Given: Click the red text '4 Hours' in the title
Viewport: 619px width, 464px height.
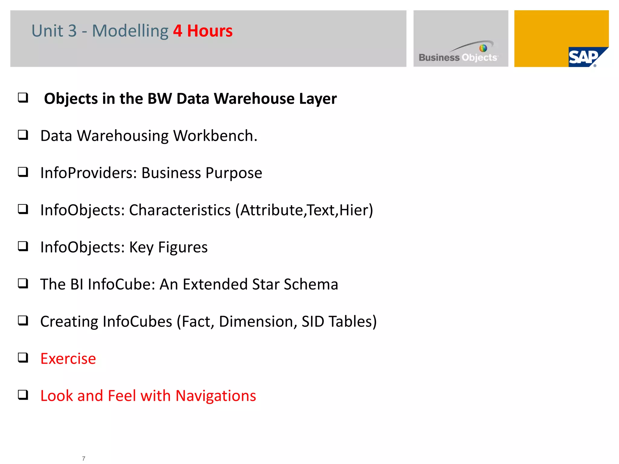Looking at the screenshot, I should tap(203, 31).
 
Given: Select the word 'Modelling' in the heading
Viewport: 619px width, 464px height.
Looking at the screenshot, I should tap(130, 31).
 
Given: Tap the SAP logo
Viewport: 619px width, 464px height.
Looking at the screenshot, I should tap(583, 57).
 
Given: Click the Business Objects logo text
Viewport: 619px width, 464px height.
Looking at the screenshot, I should tap(458, 57).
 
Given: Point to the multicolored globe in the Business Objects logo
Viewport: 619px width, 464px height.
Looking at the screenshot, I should tap(483, 48).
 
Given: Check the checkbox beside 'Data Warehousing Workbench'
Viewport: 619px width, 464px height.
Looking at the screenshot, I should tap(23, 135).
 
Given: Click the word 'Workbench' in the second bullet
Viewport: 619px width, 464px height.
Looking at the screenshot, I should tap(215, 136).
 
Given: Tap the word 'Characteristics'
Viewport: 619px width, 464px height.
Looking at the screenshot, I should tap(180, 210).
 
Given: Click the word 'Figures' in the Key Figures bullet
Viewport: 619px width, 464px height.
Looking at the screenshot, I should tap(183, 247).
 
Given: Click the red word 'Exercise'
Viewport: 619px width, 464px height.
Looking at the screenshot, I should tap(68, 359).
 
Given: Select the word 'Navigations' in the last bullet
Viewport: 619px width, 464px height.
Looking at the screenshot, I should tap(216, 396).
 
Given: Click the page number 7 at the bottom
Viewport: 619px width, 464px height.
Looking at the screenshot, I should tap(84, 458).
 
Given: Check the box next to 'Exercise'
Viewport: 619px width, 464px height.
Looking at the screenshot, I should tap(23, 358).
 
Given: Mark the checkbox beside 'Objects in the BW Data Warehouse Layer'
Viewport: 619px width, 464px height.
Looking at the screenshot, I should tap(23, 98).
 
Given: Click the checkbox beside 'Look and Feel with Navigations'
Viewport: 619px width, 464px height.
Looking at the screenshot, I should tap(23, 395).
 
